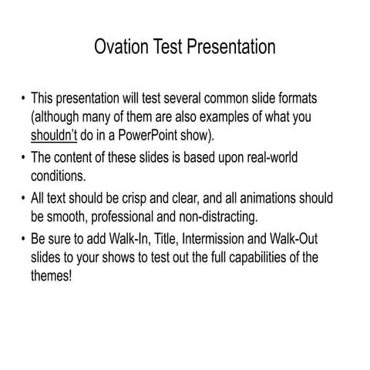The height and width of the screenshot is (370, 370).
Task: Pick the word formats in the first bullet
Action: pos(318,99)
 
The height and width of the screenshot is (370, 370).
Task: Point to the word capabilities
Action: pos(257,256)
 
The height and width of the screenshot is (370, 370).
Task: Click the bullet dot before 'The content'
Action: pos(23,158)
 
